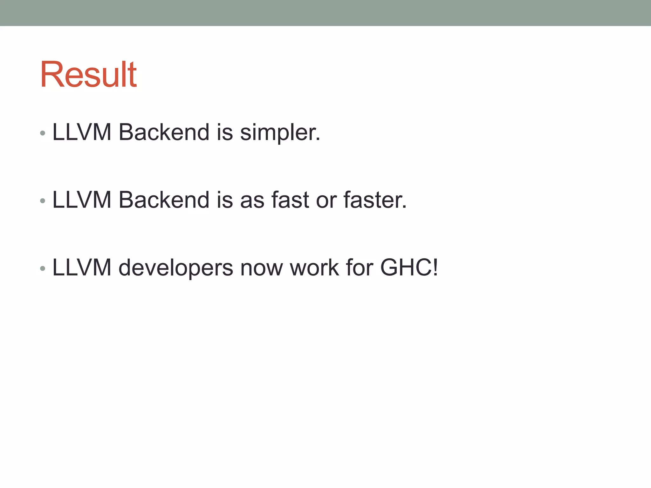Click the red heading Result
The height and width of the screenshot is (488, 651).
coord(88,75)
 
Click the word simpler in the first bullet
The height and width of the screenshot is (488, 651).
coord(280,133)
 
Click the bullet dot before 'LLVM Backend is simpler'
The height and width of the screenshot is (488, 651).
coord(43,133)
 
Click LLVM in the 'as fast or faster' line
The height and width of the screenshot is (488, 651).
coord(82,200)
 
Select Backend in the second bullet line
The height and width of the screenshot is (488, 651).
coord(164,200)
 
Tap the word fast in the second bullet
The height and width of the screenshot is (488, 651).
coord(290,200)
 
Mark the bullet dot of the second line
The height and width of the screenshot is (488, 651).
coord(43,201)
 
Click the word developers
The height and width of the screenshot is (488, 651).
coord(176,268)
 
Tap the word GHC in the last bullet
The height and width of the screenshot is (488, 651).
coord(406,268)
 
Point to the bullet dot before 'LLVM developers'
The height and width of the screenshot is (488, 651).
coord(43,269)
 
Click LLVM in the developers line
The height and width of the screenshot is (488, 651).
coord(82,268)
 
